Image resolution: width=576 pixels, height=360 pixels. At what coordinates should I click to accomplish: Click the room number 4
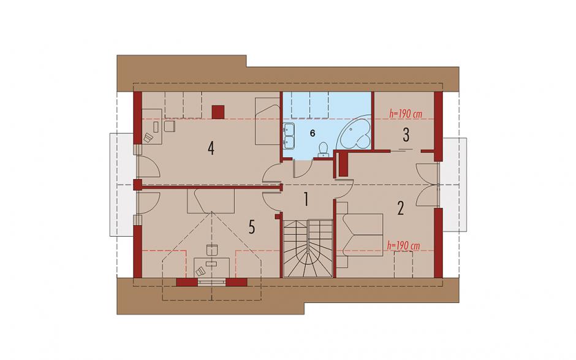coord(211,148)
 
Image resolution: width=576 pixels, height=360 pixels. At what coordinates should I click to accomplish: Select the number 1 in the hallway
coord(306,200)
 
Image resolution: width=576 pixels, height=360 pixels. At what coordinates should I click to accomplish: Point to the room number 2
coord(400,208)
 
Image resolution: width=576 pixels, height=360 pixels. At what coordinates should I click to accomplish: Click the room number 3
coord(406,135)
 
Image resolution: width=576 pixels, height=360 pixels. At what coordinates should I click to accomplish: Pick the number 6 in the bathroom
coord(313,133)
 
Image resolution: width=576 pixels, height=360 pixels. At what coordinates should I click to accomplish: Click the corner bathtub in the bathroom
coord(355,132)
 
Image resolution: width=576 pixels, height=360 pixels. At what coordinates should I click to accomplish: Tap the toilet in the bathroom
coord(324,149)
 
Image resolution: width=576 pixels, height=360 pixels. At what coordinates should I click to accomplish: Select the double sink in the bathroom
coord(289,136)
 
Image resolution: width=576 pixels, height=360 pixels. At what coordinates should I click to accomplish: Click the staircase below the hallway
coord(308,248)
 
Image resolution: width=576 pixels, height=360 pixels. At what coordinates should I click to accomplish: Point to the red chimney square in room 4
coord(218,112)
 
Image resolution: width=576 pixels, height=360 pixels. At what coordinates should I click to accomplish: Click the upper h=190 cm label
coord(406,114)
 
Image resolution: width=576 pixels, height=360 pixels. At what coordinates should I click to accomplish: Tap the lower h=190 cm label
coord(403,246)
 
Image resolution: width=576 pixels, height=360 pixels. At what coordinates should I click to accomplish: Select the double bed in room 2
coord(360,235)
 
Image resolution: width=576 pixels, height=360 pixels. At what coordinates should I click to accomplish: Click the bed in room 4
coord(267,121)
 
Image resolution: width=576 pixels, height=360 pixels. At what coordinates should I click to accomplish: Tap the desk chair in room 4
coord(148,137)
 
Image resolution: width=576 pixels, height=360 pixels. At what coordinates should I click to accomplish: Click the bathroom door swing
coord(303,169)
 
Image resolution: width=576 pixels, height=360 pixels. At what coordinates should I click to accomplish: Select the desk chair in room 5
coord(200,271)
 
